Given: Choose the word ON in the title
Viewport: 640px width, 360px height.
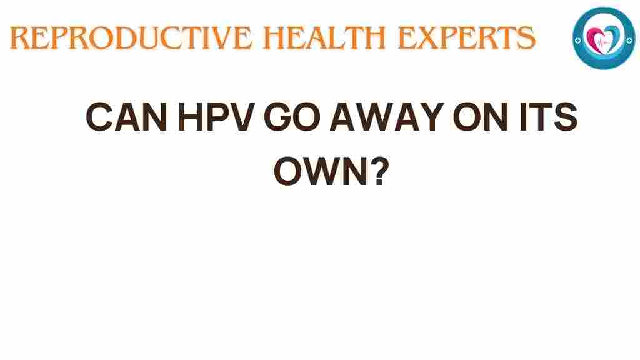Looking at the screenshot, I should click(469, 117).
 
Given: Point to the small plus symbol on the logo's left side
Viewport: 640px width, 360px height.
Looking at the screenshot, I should click(581, 39).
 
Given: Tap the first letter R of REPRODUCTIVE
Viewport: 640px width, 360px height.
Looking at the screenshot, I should click(21, 38).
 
